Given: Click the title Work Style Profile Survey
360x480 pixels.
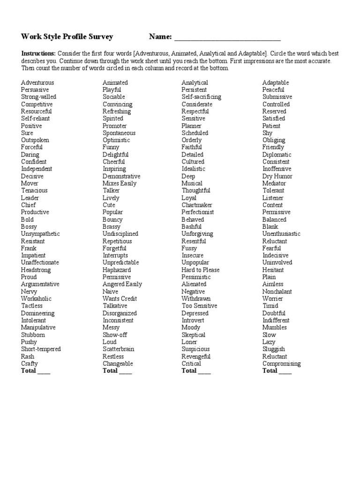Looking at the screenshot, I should pos(67,37).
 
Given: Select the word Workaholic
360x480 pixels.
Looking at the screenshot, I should pos(36,299).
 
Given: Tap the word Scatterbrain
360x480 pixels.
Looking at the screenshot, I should pos(119,349).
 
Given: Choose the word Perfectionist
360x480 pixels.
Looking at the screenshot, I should pos(197,212).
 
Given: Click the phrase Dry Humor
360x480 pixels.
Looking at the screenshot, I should pos(277,176).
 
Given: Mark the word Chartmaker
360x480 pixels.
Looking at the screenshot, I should pos(197,205).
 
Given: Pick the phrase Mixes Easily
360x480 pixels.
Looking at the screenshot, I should pos(120,183).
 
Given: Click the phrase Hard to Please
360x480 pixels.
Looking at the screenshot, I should pos(200,270).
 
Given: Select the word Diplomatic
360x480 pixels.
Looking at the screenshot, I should pos(277,155).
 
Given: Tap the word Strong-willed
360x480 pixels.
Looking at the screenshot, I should pos(38,97).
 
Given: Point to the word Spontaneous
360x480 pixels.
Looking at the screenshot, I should pos(119,133).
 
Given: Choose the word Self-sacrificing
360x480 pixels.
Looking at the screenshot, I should pos(201,97).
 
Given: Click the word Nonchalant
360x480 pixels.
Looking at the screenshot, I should pos(277,292).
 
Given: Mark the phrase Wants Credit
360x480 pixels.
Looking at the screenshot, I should pos(120,299).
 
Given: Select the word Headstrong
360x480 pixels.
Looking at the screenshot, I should pos(36,270).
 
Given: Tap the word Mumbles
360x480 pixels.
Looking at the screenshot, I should pos(274,328).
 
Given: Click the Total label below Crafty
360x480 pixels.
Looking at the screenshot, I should pos(28,371).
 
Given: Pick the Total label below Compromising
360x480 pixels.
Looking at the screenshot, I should pos(270,371).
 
